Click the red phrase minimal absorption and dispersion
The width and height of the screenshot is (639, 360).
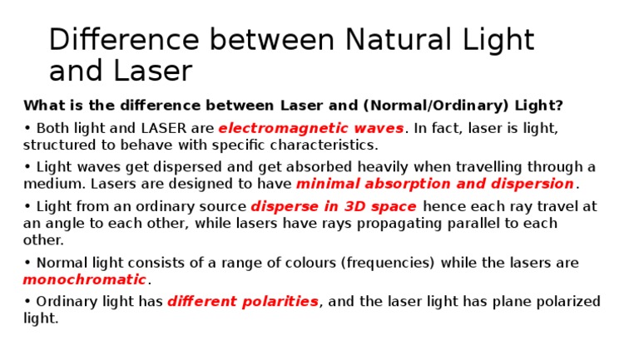point(435,183)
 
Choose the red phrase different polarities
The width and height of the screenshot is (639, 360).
point(242,302)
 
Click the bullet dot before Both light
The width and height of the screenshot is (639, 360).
point(27,129)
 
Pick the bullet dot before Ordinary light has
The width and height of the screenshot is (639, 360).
point(27,302)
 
